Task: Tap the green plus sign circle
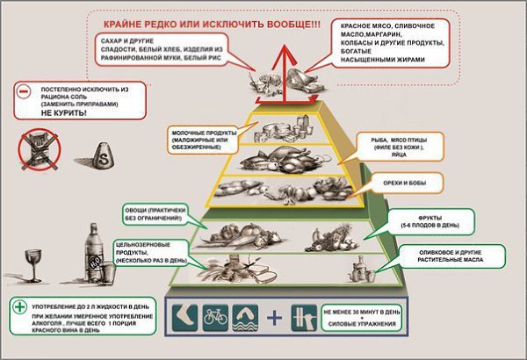tap(20, 307)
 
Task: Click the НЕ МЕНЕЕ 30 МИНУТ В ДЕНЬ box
tap(363, 316)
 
